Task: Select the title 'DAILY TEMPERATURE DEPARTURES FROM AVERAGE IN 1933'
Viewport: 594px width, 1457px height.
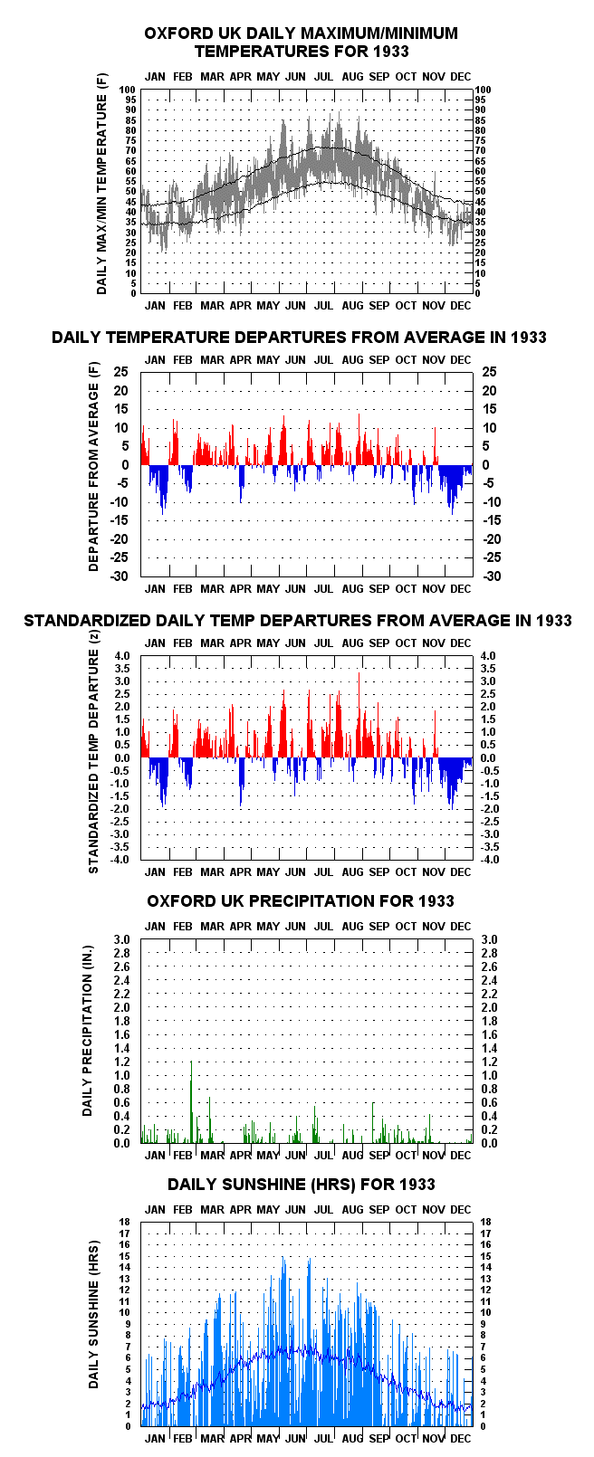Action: click(299, 337)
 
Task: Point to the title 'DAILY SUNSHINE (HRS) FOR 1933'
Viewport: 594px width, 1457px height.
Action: click(302, 1185)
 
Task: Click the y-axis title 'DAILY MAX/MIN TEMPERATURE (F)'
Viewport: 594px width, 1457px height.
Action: click(101, 185)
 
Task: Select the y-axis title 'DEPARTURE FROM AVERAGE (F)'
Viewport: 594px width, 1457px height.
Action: click(93, 467)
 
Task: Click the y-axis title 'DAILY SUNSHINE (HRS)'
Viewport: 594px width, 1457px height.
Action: click(93, 1315)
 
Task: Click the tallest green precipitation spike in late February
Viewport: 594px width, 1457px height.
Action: click(191, 1101)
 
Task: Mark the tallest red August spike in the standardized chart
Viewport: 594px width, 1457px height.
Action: click(359, 715)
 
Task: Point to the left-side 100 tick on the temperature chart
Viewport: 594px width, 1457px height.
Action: click(128, 90)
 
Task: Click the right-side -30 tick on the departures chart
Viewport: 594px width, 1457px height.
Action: click(492, 576)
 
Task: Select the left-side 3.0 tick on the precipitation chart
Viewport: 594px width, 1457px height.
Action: click(121, 939)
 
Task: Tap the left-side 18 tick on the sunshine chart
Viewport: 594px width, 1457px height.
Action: click(124, 1223)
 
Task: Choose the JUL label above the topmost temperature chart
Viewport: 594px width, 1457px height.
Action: click(323, 77)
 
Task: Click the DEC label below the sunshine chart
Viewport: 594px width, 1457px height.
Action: click(461, 1438)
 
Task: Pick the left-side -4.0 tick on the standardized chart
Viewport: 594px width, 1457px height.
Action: click(120, 859)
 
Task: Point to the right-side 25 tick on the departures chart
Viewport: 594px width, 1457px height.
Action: click(489, 372)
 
